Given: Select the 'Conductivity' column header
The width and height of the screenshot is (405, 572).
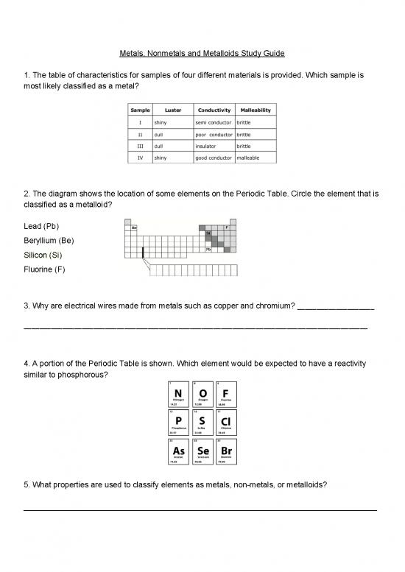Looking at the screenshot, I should click(214, 110).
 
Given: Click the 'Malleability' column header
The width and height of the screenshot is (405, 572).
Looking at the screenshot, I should click(255, 110).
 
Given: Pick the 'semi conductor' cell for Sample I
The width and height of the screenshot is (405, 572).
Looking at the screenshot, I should click(214, 121).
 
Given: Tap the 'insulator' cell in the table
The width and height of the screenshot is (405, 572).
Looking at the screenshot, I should click(208, 146).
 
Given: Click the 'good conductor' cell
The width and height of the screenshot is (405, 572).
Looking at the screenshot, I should click(214, 158).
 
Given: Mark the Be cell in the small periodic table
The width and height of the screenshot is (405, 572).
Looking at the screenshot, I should click(135, 227).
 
